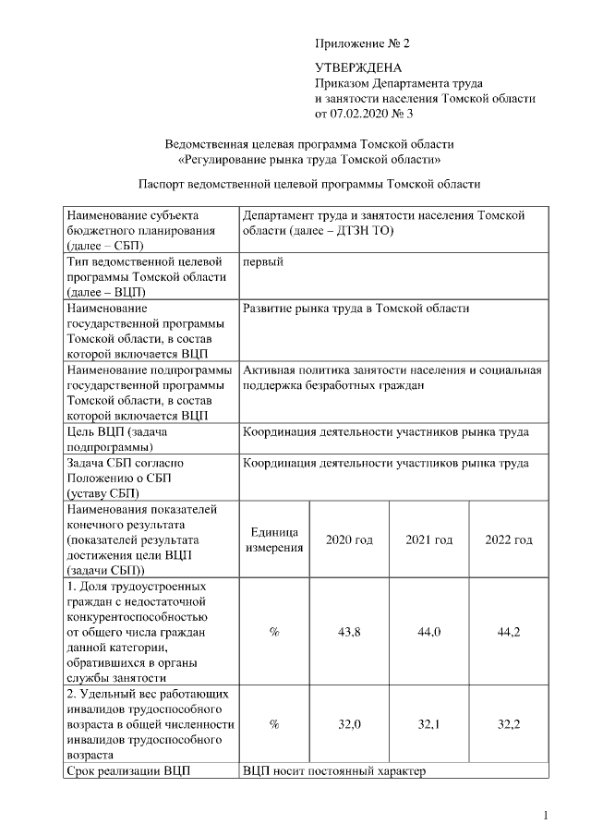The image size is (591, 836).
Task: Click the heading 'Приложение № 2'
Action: pos(361,43)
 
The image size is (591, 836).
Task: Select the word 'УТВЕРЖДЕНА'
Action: pos(358,67)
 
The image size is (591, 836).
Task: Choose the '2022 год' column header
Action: pos(509,539)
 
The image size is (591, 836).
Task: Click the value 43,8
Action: pos(349,632)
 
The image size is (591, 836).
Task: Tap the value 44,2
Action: pos(509,632)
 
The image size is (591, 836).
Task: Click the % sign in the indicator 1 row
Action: pos(274,632)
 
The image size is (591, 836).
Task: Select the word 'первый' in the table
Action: pos(262,261)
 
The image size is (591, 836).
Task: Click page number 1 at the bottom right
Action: pos(546,814)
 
